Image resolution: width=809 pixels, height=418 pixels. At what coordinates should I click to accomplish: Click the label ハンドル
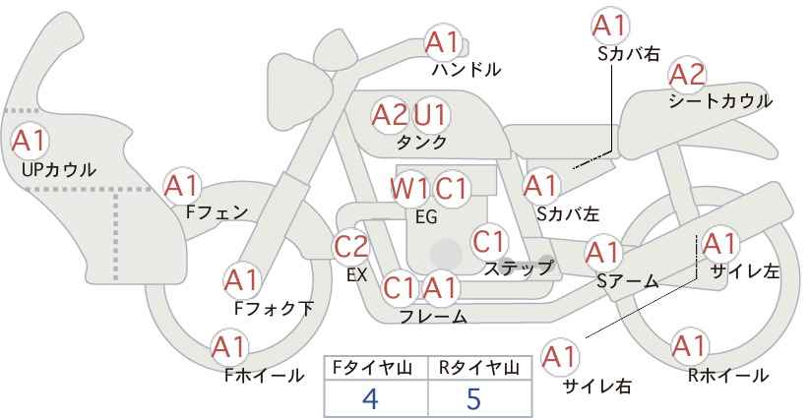(x=467, y=69)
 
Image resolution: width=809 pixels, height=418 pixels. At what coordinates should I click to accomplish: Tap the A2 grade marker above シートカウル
(x=687, y=76)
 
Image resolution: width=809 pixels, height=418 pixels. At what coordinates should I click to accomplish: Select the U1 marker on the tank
(x=430, y=114)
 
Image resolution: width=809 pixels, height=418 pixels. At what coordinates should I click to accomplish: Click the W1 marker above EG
(x=409, y=189)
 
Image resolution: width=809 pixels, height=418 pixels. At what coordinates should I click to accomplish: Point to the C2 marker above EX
(x=351, y=247)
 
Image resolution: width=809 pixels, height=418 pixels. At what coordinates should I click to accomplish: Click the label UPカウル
(x=59, y=169)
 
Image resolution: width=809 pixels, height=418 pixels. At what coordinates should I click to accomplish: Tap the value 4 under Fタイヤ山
(x=370, y=398)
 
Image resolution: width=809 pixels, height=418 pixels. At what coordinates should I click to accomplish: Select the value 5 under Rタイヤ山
(x=473, y=398)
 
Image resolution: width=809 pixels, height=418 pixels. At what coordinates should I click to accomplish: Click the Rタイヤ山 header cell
(x=480, y=368)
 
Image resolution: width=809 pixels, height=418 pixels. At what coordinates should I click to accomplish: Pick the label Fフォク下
(x=274, y=308)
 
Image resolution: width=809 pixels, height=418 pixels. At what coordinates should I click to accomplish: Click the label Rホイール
(x=728, y=376)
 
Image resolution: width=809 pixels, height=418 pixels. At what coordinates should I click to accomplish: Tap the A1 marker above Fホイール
(x=229, y=347)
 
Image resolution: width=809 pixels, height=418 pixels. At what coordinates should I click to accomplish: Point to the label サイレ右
(x=597, y=387)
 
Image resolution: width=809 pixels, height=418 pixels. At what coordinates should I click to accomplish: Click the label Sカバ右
(x=629, y=54)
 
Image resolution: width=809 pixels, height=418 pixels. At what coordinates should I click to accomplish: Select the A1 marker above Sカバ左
(x=541, y=186)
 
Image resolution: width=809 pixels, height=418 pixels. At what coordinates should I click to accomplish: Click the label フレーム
(x=433, y=316)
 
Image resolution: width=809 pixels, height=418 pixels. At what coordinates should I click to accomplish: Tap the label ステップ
(x=518, y=269)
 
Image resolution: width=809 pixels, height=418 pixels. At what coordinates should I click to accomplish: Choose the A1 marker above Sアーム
(x=602, y=253)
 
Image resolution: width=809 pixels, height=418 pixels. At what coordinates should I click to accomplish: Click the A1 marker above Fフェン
(x=182, y=186)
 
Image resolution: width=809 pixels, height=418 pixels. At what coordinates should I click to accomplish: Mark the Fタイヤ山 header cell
(x=376, y=368)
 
